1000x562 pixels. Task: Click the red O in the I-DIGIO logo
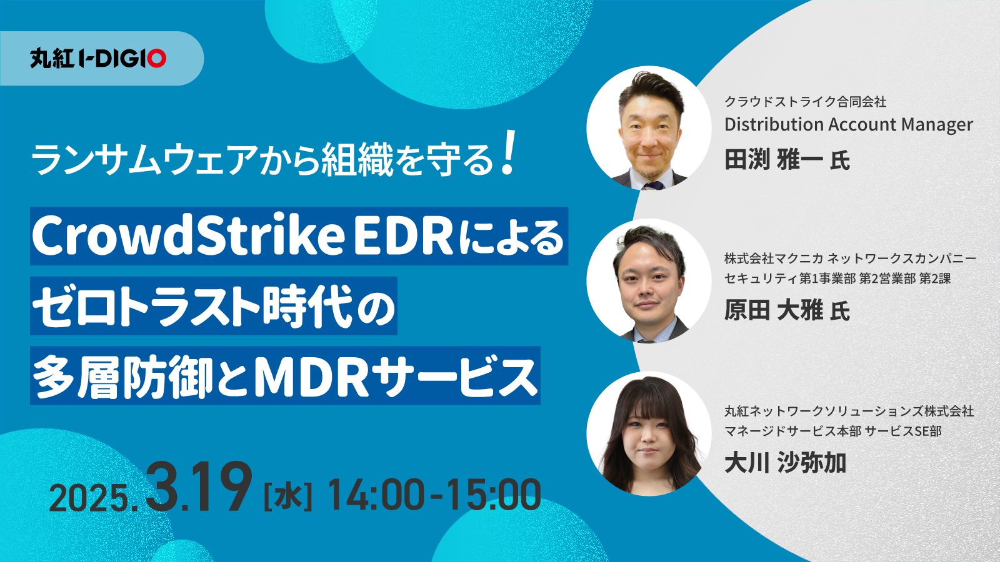click(157, 59)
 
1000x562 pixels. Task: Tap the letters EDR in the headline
click(404, 237)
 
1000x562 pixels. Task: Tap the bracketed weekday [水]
click(288, 496)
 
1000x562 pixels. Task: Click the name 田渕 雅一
click(774, 160)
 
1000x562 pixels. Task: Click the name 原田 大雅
click(774, 310)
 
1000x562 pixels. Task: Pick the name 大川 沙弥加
click(785, 463)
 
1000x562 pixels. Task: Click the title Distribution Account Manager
click(849, 124)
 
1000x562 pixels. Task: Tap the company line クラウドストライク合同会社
click(805, 102)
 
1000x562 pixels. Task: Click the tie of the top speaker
click(654, 185)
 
